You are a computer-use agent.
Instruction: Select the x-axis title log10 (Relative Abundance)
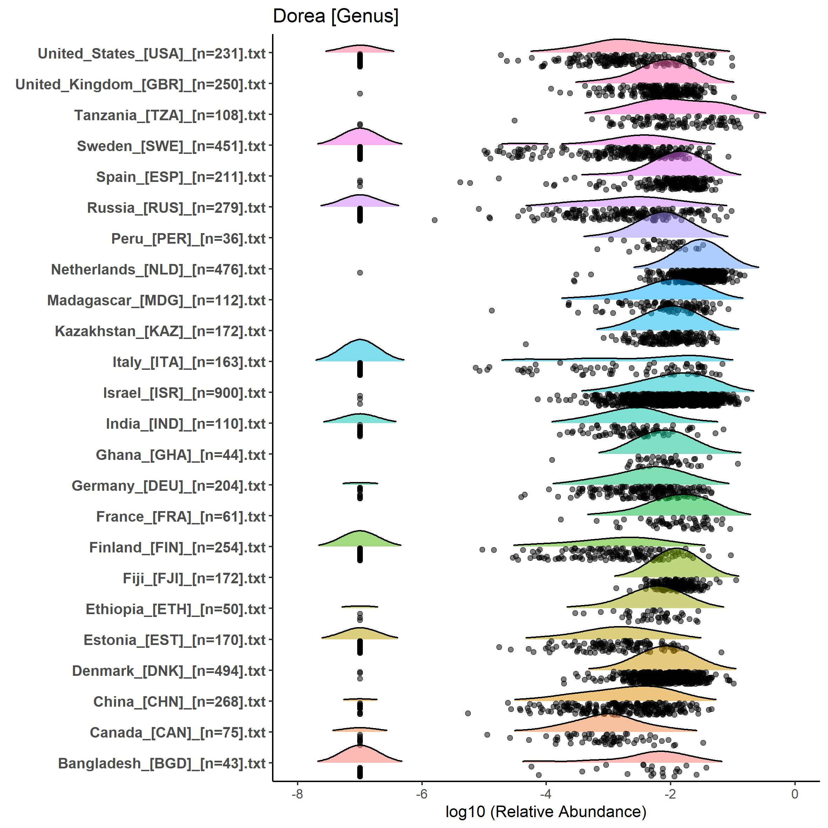click(x=545, y=811)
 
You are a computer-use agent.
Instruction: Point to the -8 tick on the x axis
click(x=297, y=794)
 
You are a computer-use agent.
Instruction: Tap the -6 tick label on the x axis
click(x=422, y=794)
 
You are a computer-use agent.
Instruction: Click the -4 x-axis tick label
click(x=545, y=794)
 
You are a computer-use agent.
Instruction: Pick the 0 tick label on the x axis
click(x=795, y=794)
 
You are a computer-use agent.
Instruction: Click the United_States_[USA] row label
click(x=152, y=54)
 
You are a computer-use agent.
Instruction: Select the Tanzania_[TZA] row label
click(x=170, y=115)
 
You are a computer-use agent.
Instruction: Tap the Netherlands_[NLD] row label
click(x=158, y=270)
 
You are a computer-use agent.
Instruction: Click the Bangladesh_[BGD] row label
click(x=162, y=763)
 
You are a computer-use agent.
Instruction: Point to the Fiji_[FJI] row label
click(x=194, y=578)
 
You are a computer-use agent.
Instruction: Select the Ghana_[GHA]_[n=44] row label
click(x=181, y=455)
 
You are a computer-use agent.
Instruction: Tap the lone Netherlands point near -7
click(x=360, y=273)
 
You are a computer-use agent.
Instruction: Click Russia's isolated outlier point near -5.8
click(x=435, y=220)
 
